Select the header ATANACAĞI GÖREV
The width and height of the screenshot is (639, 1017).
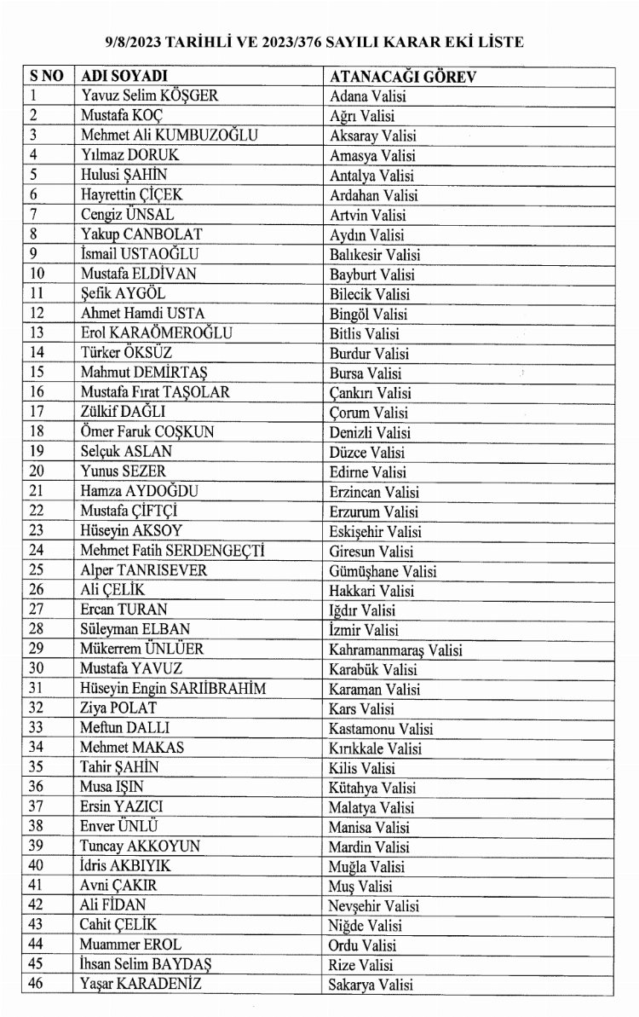point(402,77)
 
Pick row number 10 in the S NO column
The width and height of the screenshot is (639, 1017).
point(37,274)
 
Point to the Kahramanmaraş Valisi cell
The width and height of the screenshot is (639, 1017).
point(395,650)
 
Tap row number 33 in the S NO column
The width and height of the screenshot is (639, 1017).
point(37,729)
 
